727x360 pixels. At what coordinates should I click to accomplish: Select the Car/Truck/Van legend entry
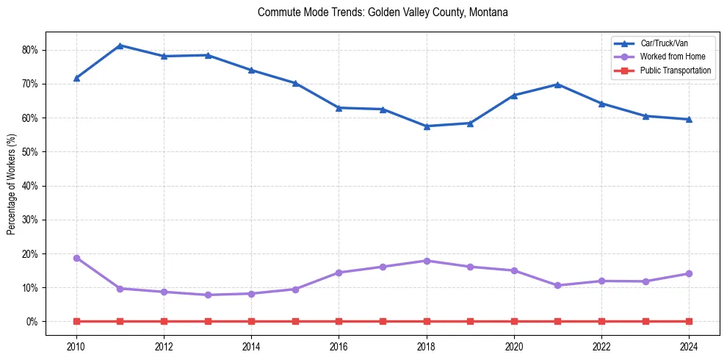pos(664,43)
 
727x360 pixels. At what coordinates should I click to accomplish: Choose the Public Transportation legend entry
pos(675,71)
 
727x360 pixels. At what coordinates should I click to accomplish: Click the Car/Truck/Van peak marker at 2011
pos(120,46)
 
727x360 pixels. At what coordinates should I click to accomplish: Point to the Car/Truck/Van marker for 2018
pos(427,126)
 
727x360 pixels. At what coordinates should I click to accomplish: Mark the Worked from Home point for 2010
pos(76,258)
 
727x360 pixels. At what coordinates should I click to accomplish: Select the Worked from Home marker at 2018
pos(427,261)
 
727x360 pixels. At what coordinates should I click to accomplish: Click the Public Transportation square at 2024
pos(689,321)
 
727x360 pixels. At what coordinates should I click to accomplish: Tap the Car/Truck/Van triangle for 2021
pos(557,84)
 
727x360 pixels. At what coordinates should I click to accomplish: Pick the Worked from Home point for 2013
pos(208,295)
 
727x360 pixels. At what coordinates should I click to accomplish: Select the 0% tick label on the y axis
pos(32,322)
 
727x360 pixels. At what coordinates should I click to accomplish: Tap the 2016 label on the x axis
pos(339,347)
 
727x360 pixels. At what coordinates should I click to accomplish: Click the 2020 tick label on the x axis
pos(514,347)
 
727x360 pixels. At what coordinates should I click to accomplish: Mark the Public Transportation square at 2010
pos(76,321)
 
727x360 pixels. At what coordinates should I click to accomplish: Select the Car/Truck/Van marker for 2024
pos(689,119)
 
